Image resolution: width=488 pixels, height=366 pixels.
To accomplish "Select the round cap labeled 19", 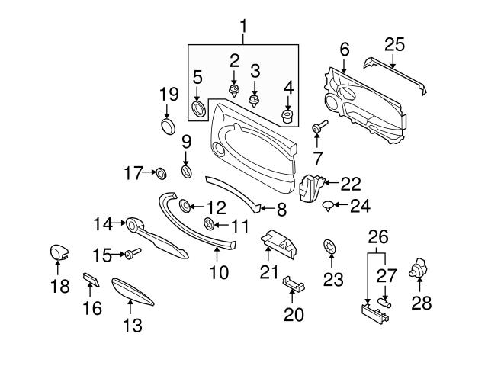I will (168, 124).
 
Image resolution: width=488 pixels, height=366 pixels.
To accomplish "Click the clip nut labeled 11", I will (209, 224).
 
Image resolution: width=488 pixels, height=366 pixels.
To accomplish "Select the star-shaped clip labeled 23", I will (329, 248).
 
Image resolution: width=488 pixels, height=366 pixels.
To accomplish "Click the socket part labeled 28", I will (419, 268).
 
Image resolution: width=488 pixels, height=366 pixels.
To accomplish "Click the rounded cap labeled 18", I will (59, 252).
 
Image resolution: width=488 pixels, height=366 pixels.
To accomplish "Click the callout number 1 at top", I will (244, 28).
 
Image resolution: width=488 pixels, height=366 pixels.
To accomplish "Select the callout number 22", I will (350, 184).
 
